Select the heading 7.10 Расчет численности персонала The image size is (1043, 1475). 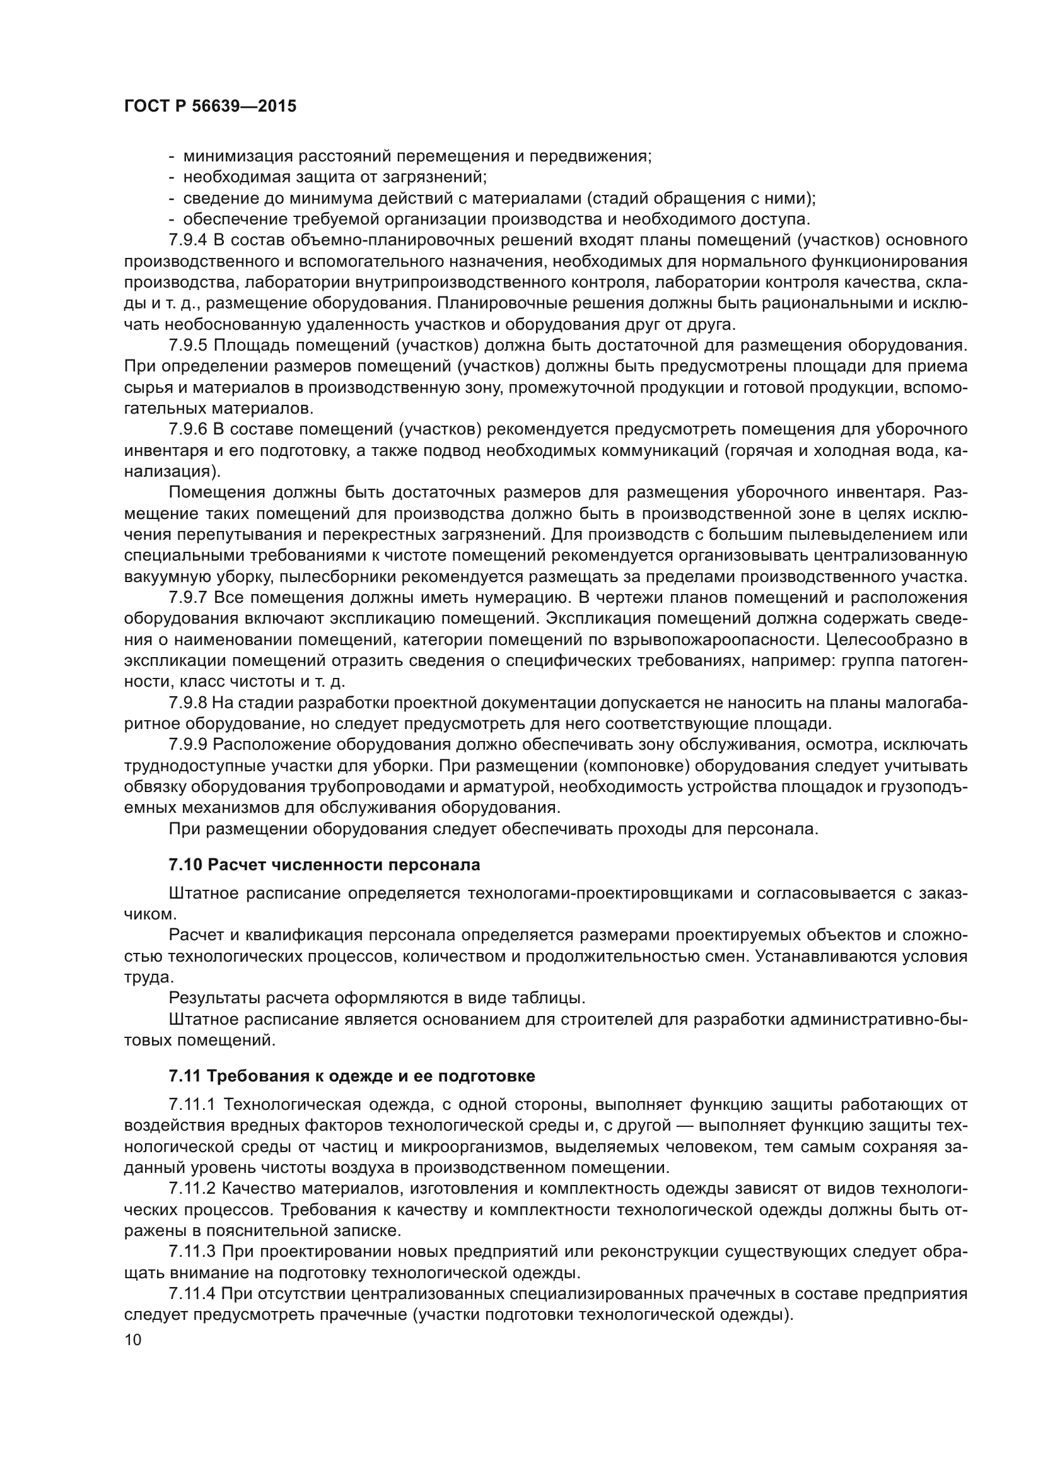click(x=324, y=865)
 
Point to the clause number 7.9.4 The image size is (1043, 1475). click(x=187, y=240)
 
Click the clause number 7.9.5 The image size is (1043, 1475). click(x=187, y=346)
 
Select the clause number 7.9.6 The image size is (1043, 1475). click(x=187, y=429)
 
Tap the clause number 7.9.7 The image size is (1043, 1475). click(x=187, y=597)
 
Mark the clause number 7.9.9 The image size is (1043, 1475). click(x=187, y=745)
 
